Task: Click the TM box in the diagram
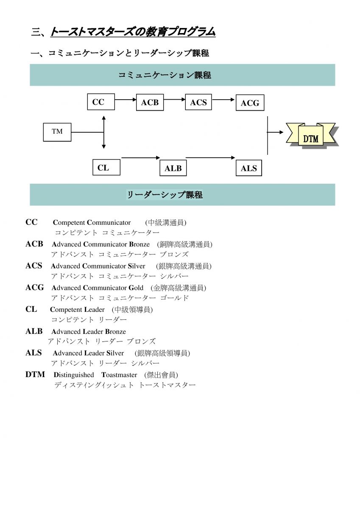click(x=57, y=132)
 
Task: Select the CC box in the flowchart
click(x=100, y=102)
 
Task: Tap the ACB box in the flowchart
click(x=150, y=102)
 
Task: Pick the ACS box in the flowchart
click(x=198, y=102)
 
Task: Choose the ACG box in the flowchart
click(x=250, y=103)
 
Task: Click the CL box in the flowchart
click(x=106, y=168)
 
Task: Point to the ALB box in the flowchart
click(x=173, y=168)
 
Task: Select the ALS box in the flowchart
click(x=249, y=168)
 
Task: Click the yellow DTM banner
click(x=311, y=137)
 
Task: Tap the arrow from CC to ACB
click(x=125, y=100)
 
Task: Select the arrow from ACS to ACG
click(x=223, y=100)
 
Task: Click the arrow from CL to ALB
click(x=141, y=158)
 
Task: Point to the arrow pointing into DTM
click(x=275, y=132)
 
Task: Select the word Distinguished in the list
click(x=74, y=375)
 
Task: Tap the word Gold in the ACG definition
click(x=136, y=288)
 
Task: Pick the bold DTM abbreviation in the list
click(x=35, y=375)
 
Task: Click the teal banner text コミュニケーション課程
click(x=165, y=75)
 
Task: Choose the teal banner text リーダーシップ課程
click(x=165, y=195)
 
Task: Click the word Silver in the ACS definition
click(x=137, y=266)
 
